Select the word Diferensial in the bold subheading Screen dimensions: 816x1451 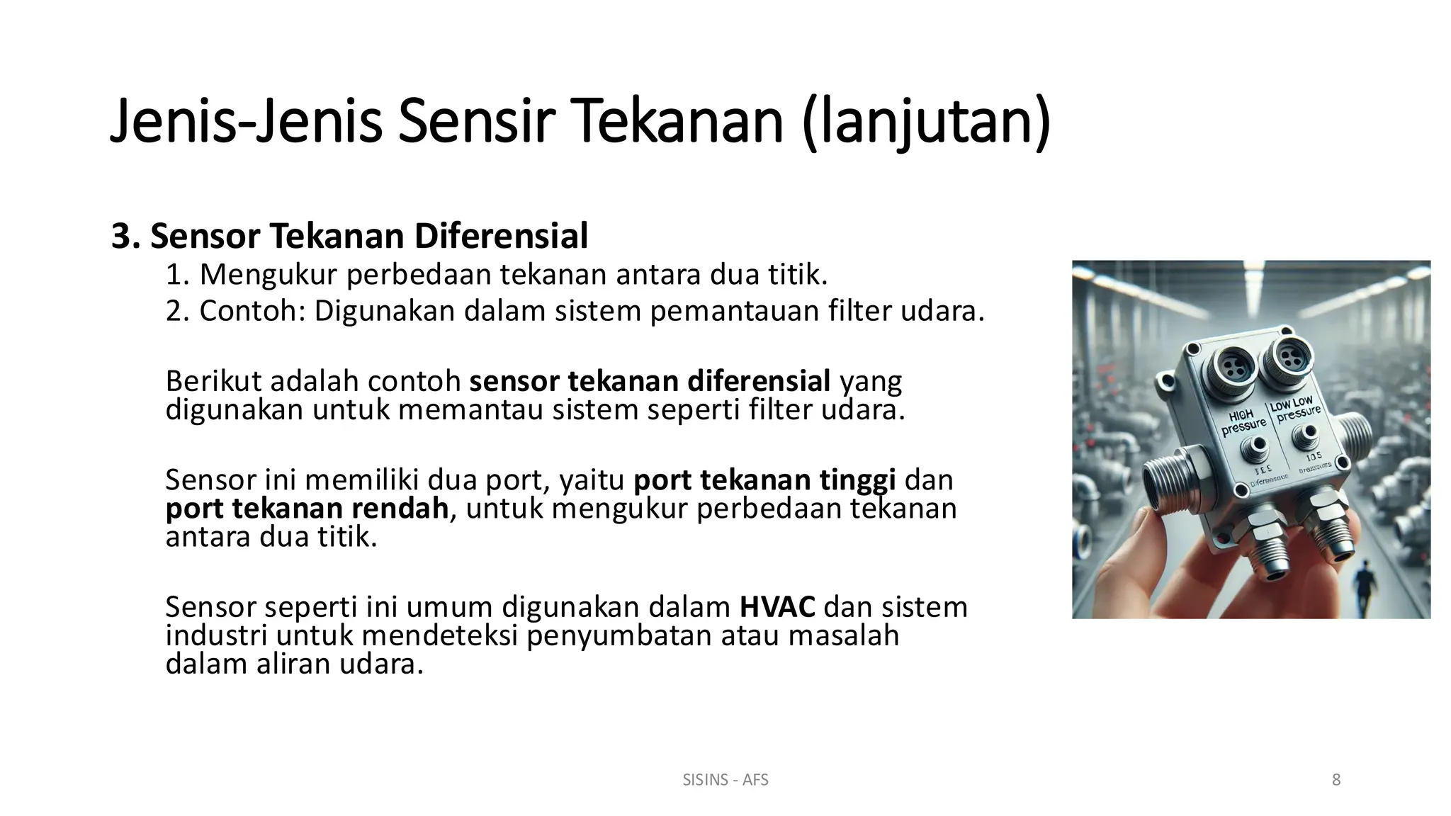click(501, 236)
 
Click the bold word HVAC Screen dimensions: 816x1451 click(777, 607)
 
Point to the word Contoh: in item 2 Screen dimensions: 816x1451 click(252, 311)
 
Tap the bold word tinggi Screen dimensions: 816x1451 click(857, 480)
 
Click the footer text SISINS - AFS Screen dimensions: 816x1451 click(725, 780)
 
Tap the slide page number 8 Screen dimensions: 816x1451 click(1336, 780)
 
